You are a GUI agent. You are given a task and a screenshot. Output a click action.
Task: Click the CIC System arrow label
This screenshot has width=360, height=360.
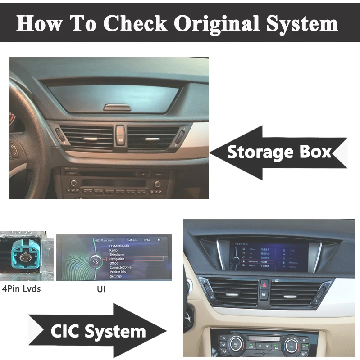(98, 332)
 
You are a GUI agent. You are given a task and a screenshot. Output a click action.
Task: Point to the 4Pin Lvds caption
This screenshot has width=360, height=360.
(21, 288)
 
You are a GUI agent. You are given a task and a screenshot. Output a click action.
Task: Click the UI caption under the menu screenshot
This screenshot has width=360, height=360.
(101, 289)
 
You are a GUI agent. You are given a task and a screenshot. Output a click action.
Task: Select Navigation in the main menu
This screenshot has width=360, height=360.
(117, 259)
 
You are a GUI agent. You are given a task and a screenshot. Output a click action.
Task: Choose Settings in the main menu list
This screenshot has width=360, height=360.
(116, 276)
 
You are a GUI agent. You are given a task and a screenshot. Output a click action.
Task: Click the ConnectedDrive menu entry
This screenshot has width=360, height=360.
(121, 268)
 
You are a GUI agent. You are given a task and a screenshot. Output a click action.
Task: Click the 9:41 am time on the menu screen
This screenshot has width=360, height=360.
(132, 240)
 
